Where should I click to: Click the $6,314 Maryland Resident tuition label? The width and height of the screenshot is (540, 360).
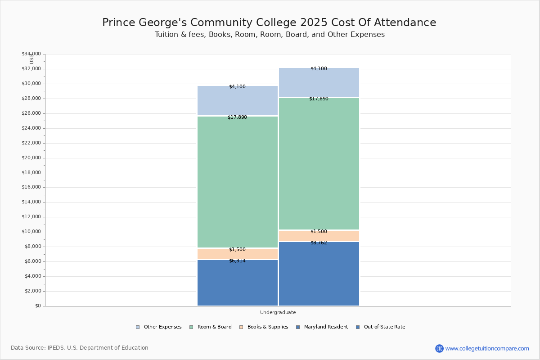coord(237,261)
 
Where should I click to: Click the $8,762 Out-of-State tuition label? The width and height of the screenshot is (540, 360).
coord(319,243)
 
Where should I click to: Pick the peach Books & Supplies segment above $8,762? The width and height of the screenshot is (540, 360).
coord(319,236)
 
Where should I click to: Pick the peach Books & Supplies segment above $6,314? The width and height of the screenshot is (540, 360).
coord(237,254)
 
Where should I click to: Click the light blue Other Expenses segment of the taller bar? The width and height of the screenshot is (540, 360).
coord(319,82)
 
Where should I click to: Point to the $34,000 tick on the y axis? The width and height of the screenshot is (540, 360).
coord(31,54)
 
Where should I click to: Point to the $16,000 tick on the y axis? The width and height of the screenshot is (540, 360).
coord(31,187)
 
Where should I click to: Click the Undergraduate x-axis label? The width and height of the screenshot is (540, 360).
coord(278,312)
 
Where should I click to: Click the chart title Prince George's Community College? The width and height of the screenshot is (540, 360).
coord(269,22)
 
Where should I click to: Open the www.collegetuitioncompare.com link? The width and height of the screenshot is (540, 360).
coord(487,348)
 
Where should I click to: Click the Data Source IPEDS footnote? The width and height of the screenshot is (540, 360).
coord(80,348)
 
